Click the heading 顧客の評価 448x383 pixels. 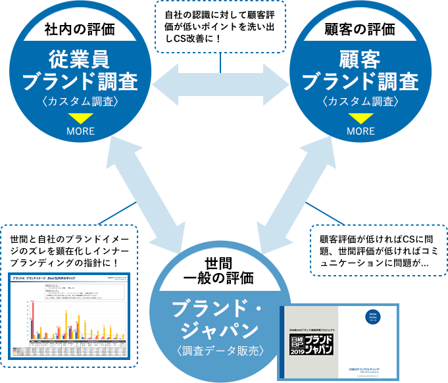(360, 29)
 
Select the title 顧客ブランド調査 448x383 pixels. (360, 70)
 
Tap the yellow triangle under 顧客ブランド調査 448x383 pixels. (361, 118)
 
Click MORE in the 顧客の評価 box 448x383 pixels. (361, 131)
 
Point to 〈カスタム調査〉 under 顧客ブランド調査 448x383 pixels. (360, 101)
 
